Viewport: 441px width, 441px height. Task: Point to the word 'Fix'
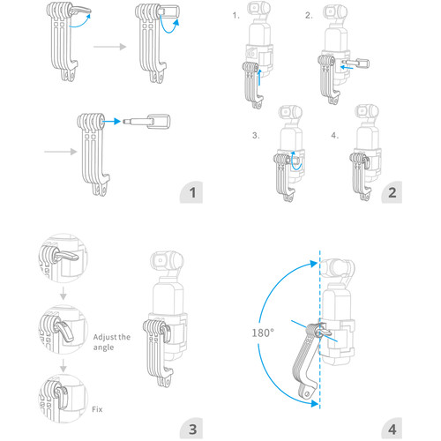pos(98,409)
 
